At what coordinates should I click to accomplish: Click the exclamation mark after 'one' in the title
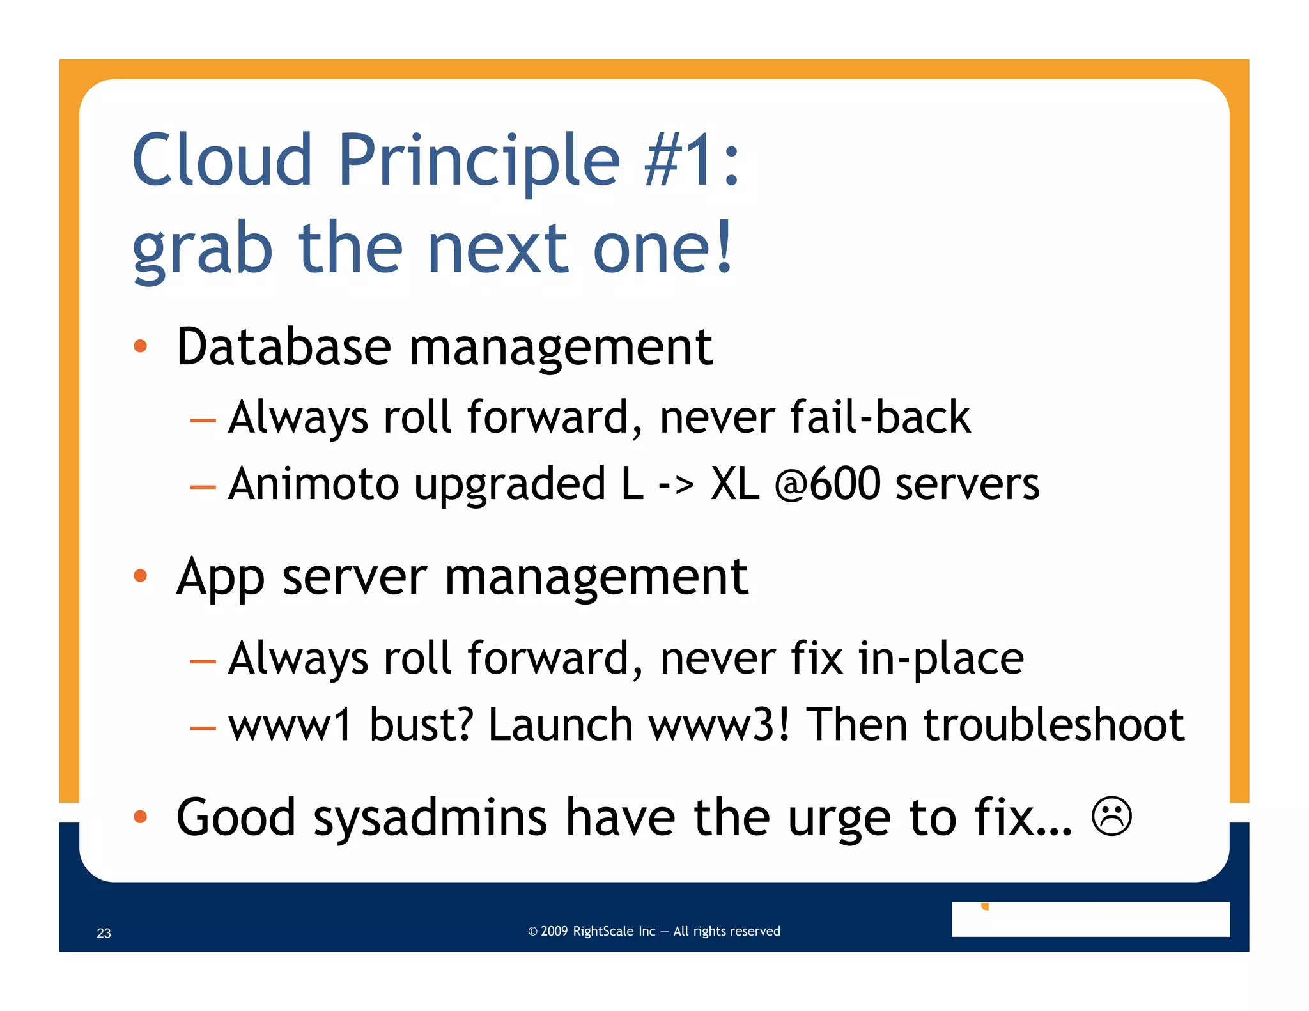pos(723,247)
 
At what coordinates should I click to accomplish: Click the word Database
pos(283,347)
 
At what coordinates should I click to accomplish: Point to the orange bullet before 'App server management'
pos(140,576)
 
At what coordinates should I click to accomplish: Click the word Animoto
pos(314,484)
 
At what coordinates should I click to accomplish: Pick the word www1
pos(290,726)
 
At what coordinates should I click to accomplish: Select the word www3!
pos(719,726)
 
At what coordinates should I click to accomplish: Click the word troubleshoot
pos(1053,725)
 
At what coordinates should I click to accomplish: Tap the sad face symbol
pos(1111,816)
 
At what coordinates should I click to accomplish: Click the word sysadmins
pos(430,819)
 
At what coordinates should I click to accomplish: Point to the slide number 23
pos(104,933)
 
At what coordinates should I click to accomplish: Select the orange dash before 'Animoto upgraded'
pos(203,487)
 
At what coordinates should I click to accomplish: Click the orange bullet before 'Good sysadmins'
pos(140,816)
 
